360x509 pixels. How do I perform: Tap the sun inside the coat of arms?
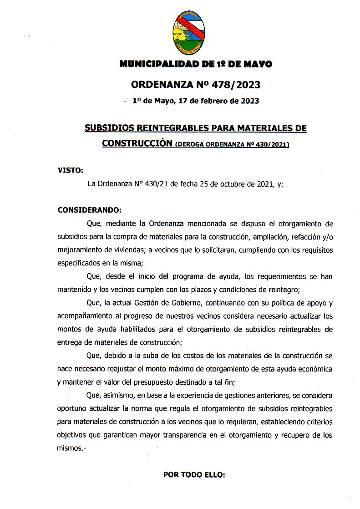[x=179, y=34]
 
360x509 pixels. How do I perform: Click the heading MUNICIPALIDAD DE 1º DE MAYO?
[x=196, y=65]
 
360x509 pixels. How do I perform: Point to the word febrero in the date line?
[x=204, y=101]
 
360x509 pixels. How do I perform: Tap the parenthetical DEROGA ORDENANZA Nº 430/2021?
[x=232, y=144]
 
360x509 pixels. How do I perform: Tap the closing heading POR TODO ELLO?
[x=194, y=474]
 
